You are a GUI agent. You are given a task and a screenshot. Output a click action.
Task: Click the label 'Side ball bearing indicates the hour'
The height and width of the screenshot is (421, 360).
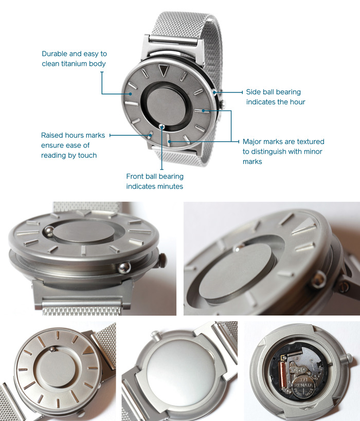pos(275,97)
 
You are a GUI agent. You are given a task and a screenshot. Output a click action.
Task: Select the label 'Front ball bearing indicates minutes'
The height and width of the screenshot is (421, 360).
pos(155,181)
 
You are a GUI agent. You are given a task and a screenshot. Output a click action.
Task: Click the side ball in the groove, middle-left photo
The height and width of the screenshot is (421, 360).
pos(124,266)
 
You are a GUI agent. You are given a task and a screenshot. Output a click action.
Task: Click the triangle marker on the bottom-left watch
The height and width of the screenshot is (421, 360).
pos(89,350)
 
